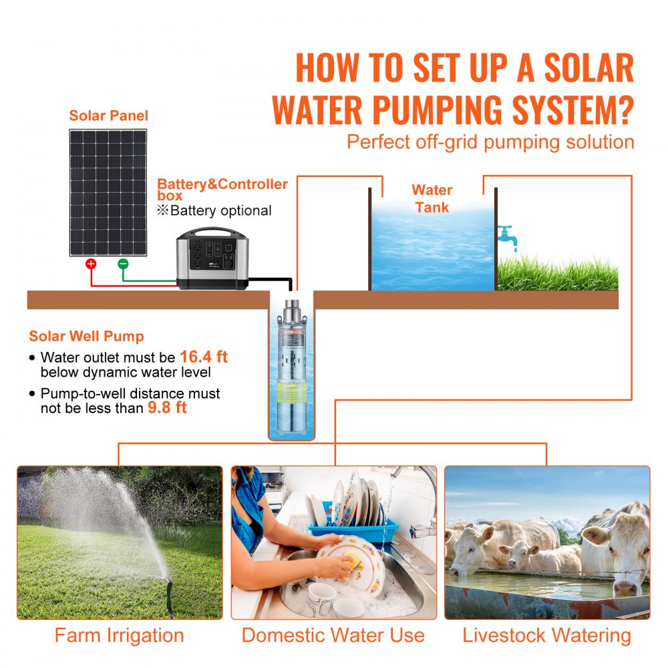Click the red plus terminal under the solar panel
(91, 264)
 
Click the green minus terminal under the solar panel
(123, 264)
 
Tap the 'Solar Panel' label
(108, 116)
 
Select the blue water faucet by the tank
(506, 236)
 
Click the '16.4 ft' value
(204, 357)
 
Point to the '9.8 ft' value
(166, 407)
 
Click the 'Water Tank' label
(432, 198)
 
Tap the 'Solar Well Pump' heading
(86, 337)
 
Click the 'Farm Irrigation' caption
(119, 635)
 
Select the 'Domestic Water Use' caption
(333, 635)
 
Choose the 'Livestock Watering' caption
(546, 635)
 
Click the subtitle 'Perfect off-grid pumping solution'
(490, 142)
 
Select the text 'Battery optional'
(220, 211)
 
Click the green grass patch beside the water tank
(557, 274)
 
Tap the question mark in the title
(622, 110)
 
